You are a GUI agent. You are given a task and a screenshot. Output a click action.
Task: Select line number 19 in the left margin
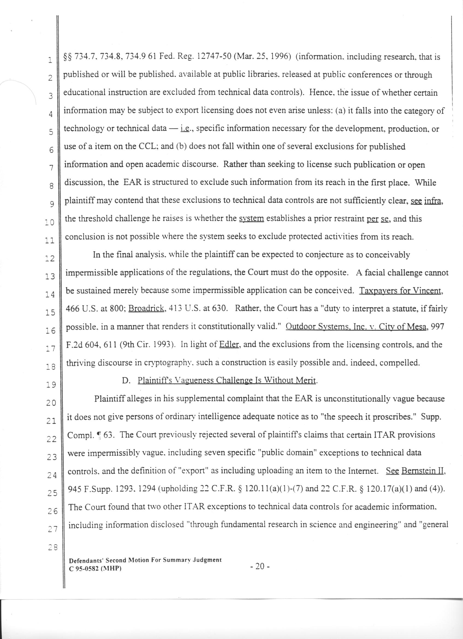[x=52, y=384]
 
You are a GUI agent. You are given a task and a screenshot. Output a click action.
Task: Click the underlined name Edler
[x=229, y=344]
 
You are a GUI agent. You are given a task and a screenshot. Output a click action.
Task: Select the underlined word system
[x=251, y=219]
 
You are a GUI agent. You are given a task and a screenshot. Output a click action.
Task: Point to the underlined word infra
[x=433, y=201]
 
